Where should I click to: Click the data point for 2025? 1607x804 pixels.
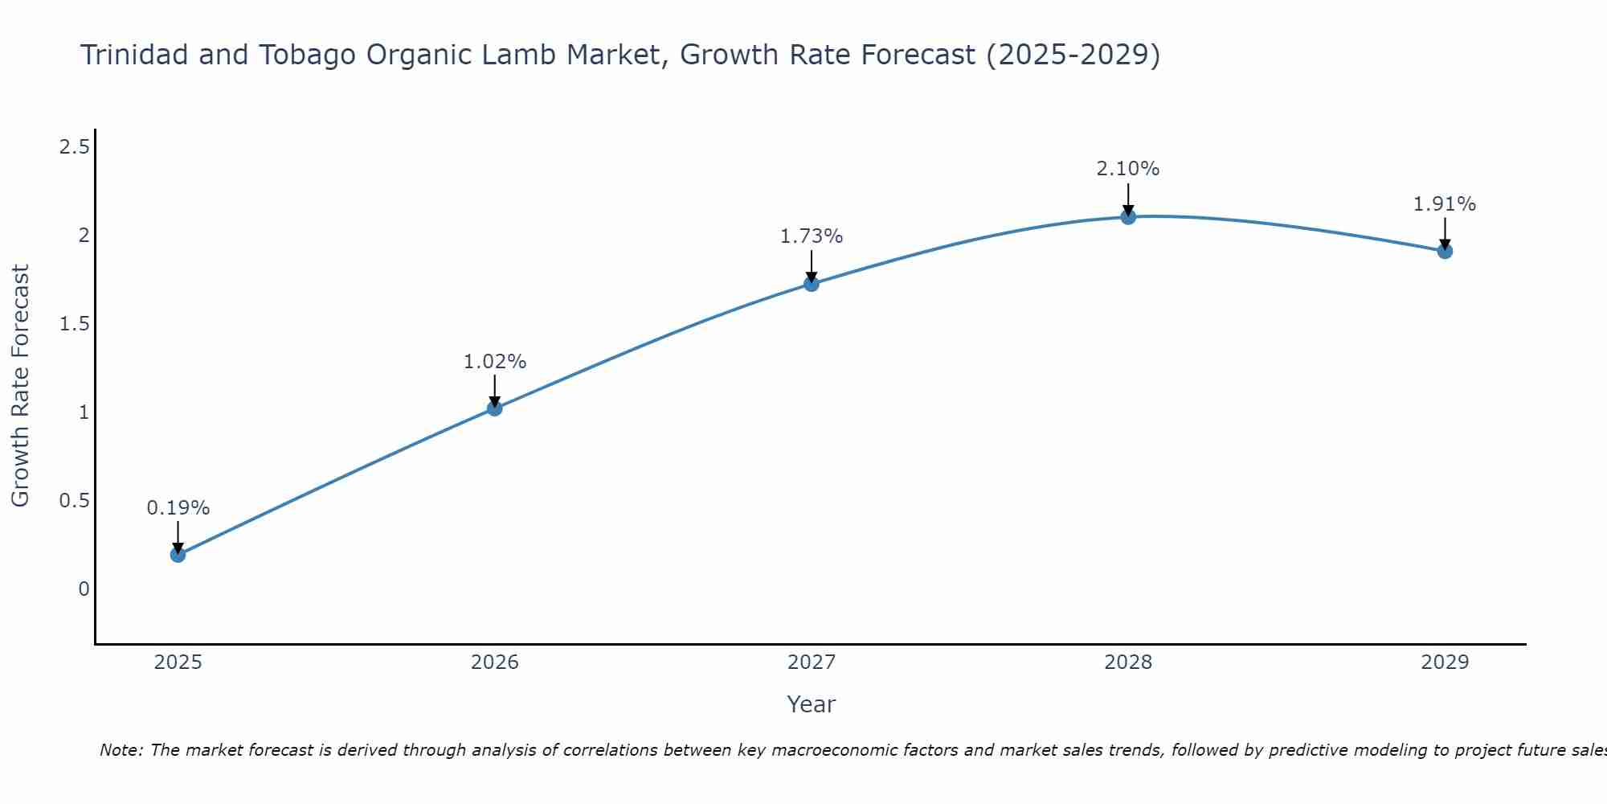click(178, 555)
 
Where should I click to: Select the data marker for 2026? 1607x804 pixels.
click(494, 408)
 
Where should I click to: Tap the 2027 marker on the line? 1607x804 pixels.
click(811, 284)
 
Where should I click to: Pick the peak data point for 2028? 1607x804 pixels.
click(1128, 217)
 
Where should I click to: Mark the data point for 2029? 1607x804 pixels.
click(1445, 252)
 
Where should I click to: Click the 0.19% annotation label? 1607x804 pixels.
click(178, 508)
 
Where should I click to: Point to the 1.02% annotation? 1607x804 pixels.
click(494, 362)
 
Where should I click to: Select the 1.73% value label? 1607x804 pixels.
click(811, 236)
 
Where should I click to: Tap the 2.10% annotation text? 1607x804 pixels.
click(1128, 169)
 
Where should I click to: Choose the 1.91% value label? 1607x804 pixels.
click(1445, 204)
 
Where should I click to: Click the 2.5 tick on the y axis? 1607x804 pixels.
click(74, 147)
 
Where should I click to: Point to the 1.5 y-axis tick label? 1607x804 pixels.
click(74, 324)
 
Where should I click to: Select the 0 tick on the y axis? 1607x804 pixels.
click(84, 589)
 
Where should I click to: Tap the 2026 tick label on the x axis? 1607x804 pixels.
click(494, 662)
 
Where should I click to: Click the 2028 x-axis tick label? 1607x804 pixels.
click(1128, 662)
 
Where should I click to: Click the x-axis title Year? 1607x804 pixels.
click(811, 704)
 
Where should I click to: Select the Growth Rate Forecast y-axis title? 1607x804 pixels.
click(20, 386)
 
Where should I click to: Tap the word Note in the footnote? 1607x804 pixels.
click(120, 750)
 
